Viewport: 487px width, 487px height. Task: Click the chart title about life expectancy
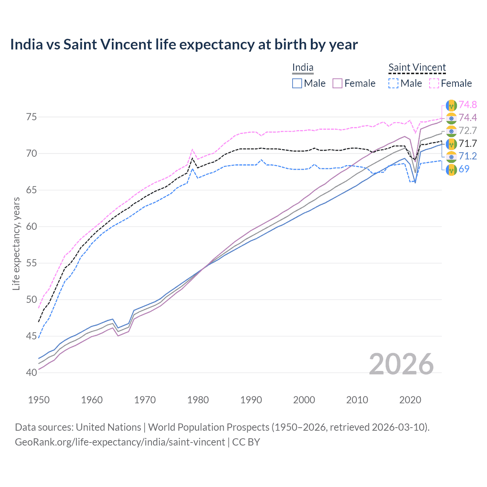(x=184, y=45)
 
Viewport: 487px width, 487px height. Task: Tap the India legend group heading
(x=303, y=68)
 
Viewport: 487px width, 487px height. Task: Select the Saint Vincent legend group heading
(x=417, y=68)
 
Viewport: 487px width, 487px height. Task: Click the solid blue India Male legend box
(x=297, y=83)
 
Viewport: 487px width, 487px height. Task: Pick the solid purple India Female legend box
(x=337, y=83)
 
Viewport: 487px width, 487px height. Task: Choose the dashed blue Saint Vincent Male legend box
(x=393, y=83)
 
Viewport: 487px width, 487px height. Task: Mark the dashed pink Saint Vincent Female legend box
(x=434, y=83)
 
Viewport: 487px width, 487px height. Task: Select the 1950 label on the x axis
(x=39, y=400)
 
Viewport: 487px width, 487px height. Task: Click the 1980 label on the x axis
(x=198, y=400)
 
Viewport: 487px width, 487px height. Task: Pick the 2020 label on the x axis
(x=410, y=400)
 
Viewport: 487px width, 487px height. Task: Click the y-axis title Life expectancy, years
(x=16, y=243)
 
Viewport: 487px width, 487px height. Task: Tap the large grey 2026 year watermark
(x=401, y=364)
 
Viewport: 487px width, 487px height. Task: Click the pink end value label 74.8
(x=468, y=105)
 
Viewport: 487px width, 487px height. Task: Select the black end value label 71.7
(x=468, y=143)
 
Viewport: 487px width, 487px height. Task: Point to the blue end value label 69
(x=464, y=169)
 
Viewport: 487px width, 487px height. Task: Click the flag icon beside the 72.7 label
(x=451, y=131)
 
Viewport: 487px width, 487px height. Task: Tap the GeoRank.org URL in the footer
(x=120, y=442)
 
